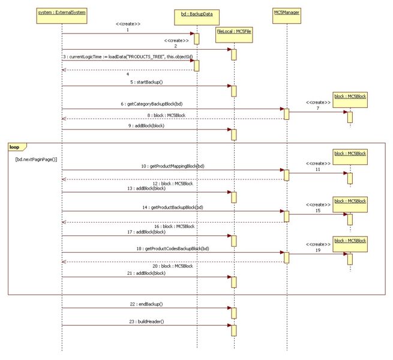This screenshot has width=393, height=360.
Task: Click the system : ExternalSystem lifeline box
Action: click(62, 13)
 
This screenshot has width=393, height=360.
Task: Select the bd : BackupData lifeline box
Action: click(197, 13)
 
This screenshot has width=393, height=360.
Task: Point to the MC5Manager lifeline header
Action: click(286, 13)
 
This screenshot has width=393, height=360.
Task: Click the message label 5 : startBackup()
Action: click(146, 81)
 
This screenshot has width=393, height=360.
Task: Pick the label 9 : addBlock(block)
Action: click(146, 125)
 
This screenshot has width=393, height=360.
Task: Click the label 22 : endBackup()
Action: click(146, 304)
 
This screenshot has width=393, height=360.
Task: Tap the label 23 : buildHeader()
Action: click(146, 322)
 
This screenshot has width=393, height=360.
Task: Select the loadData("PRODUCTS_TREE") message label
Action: click(130, 56)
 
